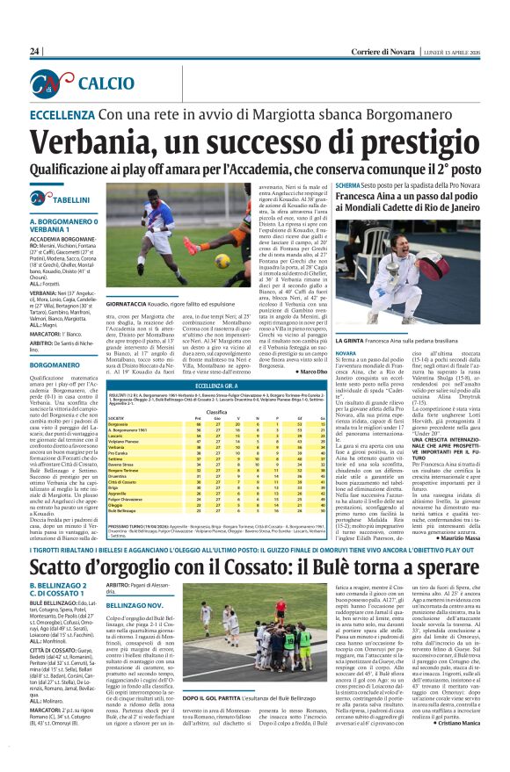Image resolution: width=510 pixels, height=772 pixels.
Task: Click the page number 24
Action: pyautogui.click(x=35, y=52)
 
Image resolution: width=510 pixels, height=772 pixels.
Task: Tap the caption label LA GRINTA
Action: pyautogui.click(x=350, y=363)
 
